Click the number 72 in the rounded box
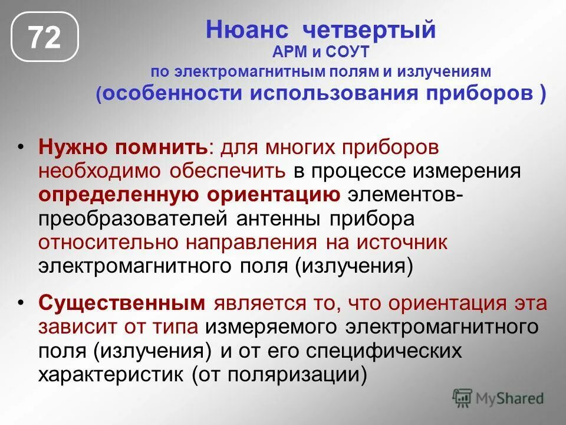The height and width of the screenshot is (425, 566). pos(45,38)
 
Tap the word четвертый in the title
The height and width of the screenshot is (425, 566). pos(370,30)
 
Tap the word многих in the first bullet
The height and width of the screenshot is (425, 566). pos(305,147)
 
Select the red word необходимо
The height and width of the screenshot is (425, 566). pos(101,171)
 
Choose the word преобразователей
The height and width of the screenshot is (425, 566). pos(133,218)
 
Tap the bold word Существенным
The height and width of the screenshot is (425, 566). pos(122,303)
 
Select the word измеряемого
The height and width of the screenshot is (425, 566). pos(273,327)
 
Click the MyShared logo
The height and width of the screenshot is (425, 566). pos(498,398)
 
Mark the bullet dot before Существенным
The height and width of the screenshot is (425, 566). pos(22,302)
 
